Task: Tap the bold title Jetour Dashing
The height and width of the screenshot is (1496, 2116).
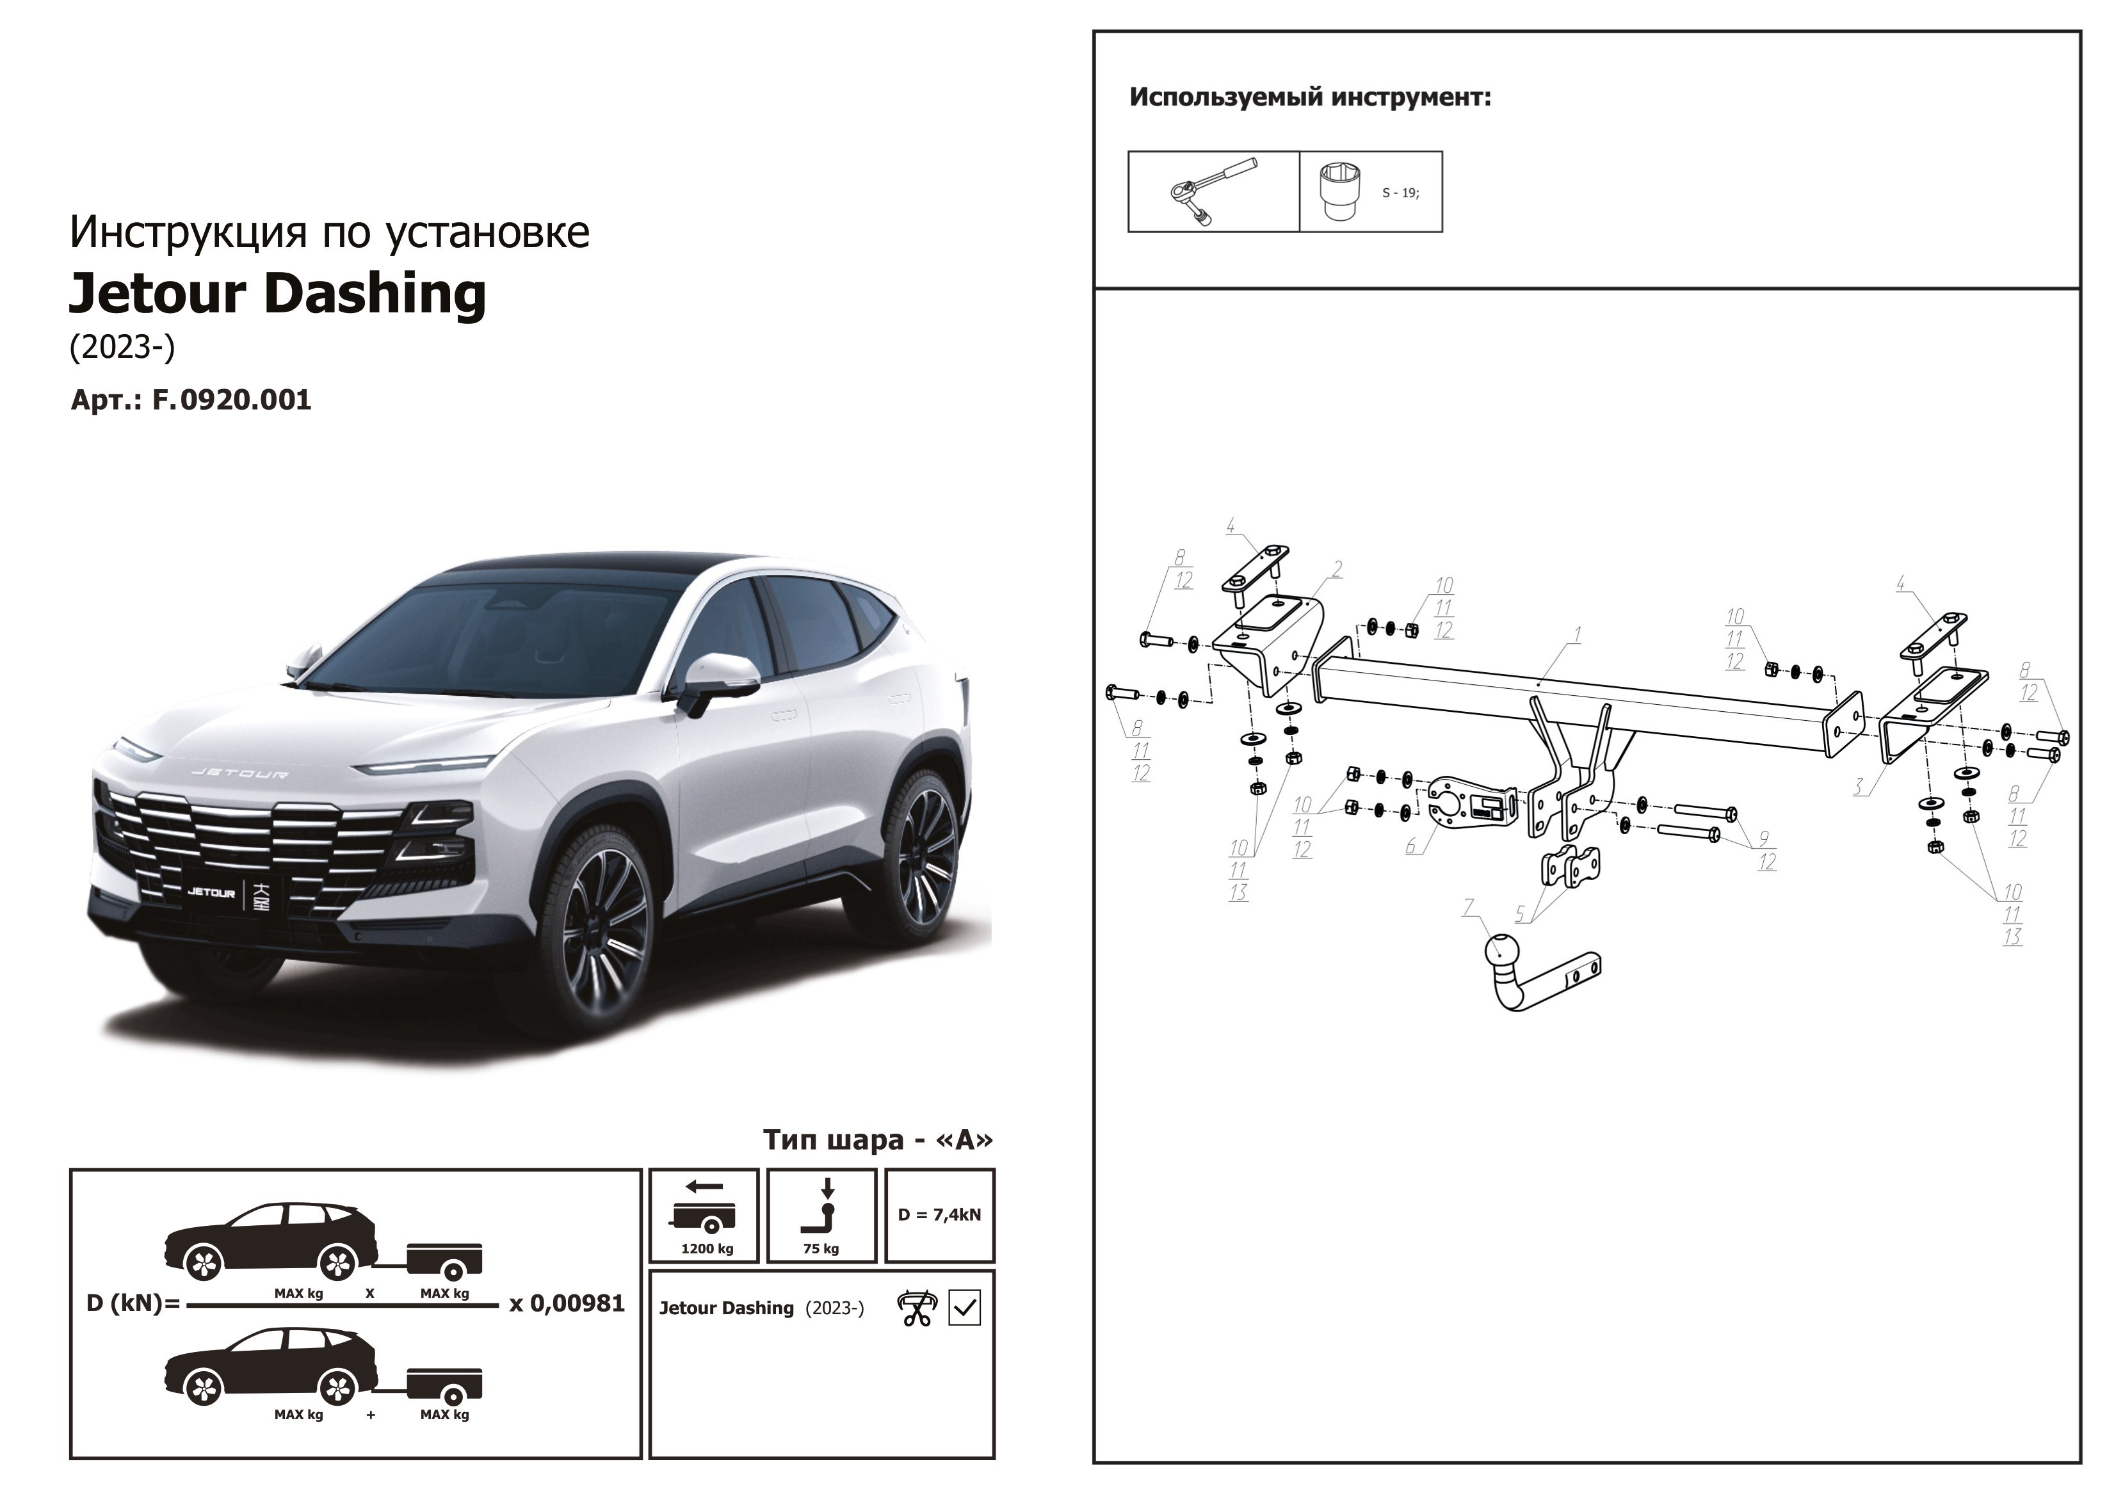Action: [277, 294]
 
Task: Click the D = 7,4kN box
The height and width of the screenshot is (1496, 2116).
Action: [939, 1215]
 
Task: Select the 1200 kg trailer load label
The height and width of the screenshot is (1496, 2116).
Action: [707, 1249]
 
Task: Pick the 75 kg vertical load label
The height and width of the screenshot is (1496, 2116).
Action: [820, 1249]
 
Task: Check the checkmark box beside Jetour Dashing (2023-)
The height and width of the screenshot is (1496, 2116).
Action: [964, 1308]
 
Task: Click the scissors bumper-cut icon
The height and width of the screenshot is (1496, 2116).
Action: [916, 1308]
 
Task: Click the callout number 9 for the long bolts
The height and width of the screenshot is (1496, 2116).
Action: [1763, 839]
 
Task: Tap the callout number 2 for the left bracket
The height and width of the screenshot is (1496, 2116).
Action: [1337, 569]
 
